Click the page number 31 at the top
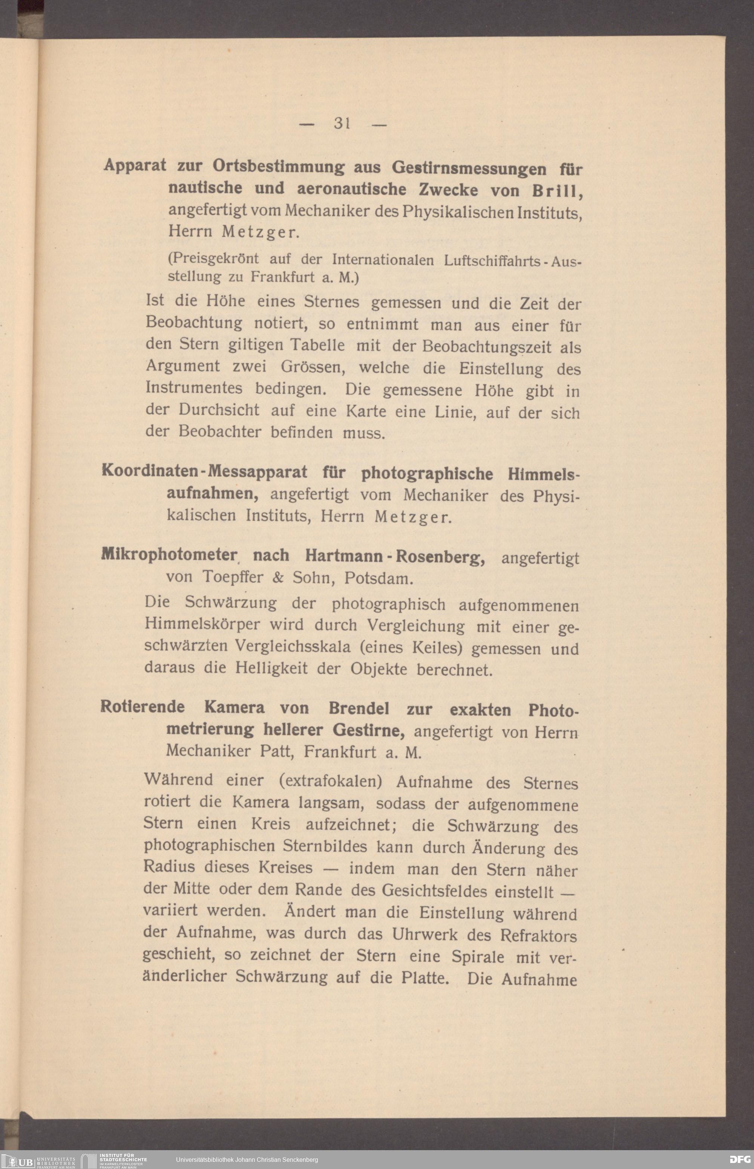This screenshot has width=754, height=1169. (342, 123)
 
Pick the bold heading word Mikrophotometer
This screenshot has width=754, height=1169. (169, 554)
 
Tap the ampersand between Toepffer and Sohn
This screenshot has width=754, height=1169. (277, 577)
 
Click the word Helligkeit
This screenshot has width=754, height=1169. (271, 668)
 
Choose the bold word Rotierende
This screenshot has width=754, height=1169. (143, 707)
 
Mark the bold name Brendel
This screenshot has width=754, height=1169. (359, 708)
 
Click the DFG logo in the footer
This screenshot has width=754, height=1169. (739, 1159)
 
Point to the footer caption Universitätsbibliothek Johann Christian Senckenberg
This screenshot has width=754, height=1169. (247, 1160)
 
